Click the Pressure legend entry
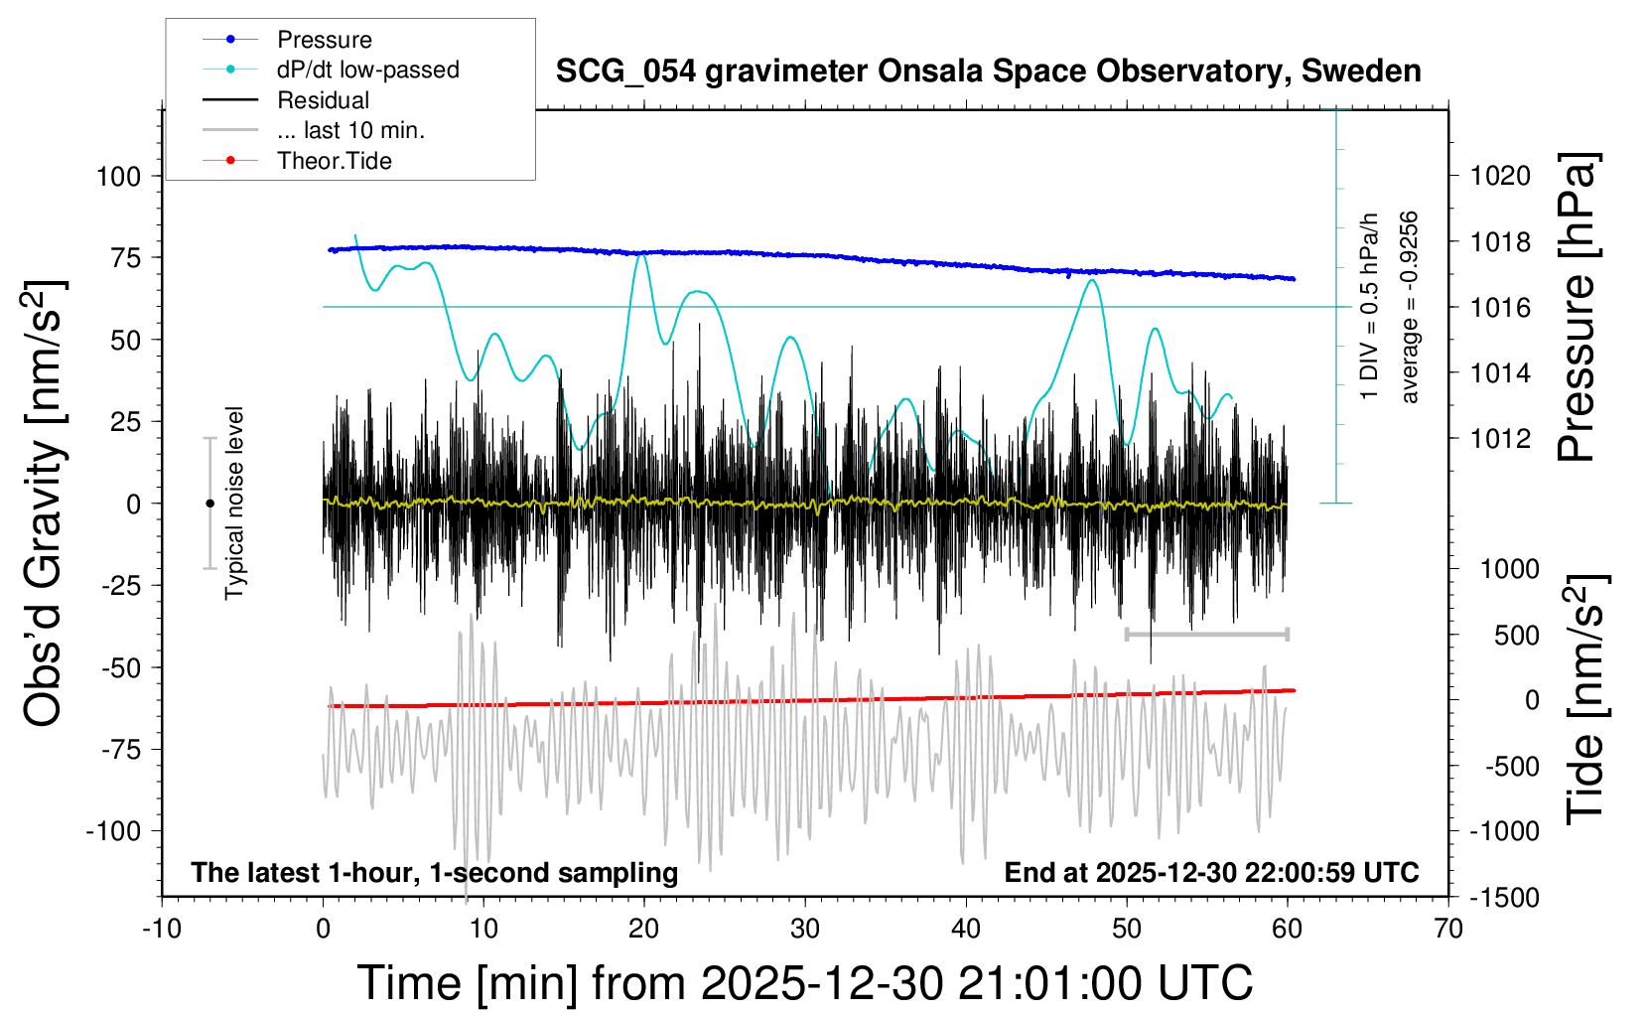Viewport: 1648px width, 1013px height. point(324,40)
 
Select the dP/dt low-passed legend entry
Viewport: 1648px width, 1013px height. point(367,70)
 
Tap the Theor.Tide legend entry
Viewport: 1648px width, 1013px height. point(334,161)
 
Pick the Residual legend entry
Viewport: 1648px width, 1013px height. point(323,100)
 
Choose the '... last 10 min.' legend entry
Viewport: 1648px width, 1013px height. point(350,130)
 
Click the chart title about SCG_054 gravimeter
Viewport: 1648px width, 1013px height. point(988,72)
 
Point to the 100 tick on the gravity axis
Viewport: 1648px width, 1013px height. point(119,177)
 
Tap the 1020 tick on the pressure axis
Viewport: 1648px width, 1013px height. point(1500,177)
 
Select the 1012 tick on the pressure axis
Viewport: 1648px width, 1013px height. point(1500,439)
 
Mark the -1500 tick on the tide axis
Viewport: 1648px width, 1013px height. point(1504,898)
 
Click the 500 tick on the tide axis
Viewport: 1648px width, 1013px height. point(1516,636)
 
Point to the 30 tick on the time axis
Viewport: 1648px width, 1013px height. point(805,930)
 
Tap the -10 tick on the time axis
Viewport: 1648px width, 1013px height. point(162,930)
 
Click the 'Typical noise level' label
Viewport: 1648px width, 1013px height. point(234,504)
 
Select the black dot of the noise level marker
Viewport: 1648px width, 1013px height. point(209,504)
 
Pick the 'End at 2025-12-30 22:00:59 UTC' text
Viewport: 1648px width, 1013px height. point(1211,873)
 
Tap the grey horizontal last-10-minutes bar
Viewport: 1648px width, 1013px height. point(1206,634)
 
